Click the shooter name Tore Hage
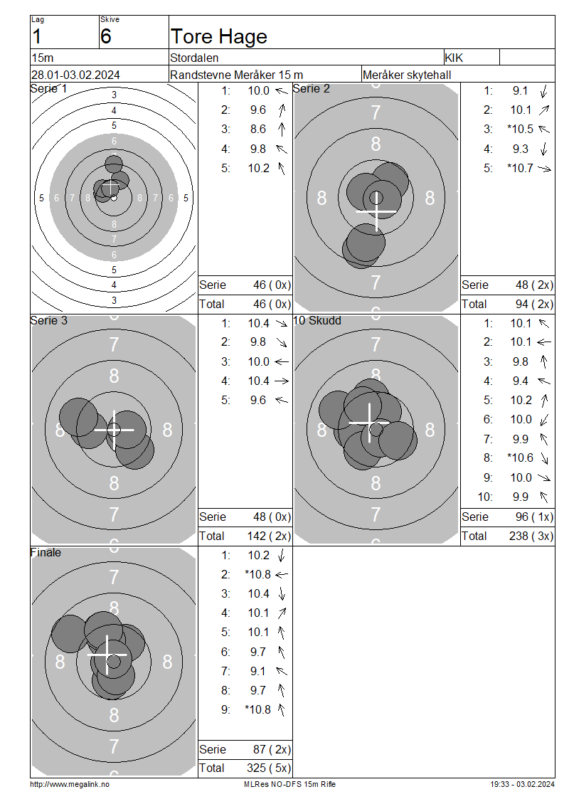coord(219,37)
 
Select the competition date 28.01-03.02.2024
coord(75,75)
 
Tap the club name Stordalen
coord(194,58)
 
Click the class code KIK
coord(454,58)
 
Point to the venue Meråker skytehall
coord(407,75)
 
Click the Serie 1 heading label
coord(48,89)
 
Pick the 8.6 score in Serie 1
coord(258,129)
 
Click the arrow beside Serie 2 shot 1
coord(544,91)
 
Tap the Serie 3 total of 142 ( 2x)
coord(269,536)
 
